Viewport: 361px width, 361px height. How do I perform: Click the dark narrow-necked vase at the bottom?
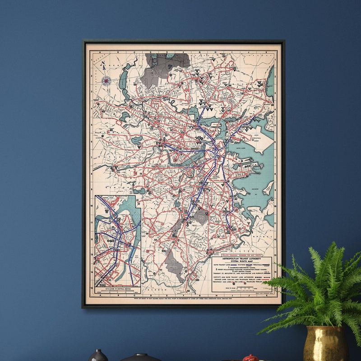point(97,356)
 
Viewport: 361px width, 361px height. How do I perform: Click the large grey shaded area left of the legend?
point(173,266)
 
